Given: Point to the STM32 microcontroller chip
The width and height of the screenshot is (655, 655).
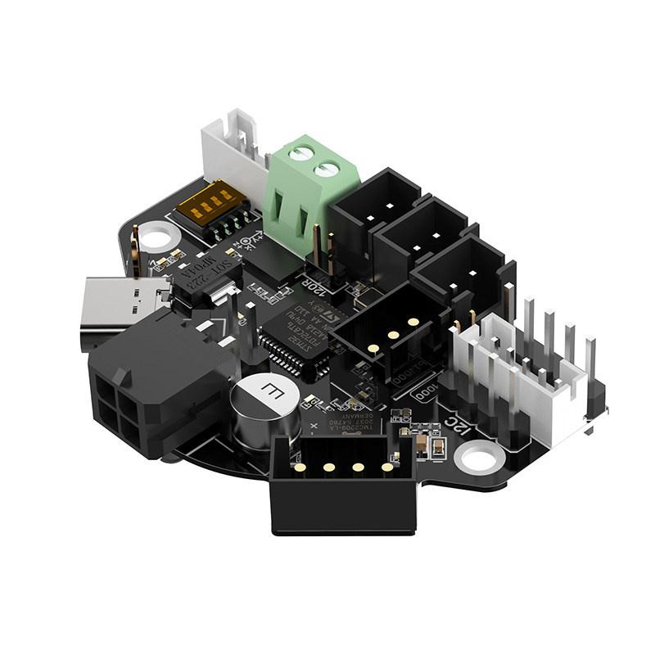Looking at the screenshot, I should (299, 336).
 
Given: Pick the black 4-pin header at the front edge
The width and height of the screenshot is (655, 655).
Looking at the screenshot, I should (340, 483).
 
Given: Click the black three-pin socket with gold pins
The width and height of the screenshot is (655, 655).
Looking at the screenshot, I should (385, 327).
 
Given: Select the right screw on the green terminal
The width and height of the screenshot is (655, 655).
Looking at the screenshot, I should (327, 170).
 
